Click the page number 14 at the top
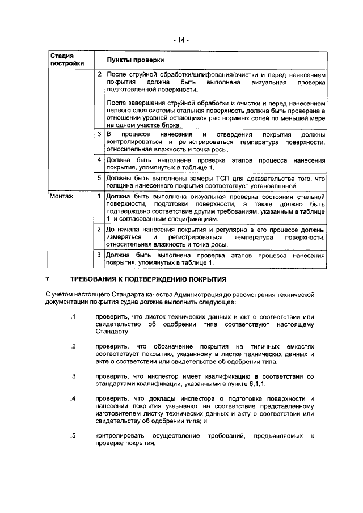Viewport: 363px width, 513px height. point(181,40)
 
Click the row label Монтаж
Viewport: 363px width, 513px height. point(61,196)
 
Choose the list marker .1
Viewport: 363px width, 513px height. point(73,316)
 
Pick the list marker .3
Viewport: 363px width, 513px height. point(73,376)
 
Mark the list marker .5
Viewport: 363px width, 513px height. point(73,436)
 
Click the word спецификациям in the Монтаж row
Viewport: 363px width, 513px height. point(191,218)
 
